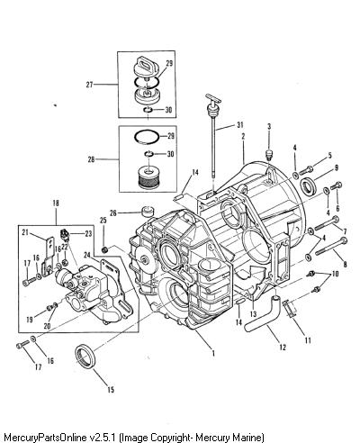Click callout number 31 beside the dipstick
tap(239, 125)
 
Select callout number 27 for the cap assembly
tap(89, 85)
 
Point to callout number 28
tap(91, 159)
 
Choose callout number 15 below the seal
tap(111, 390)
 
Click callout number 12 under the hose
tap(283, 348)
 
